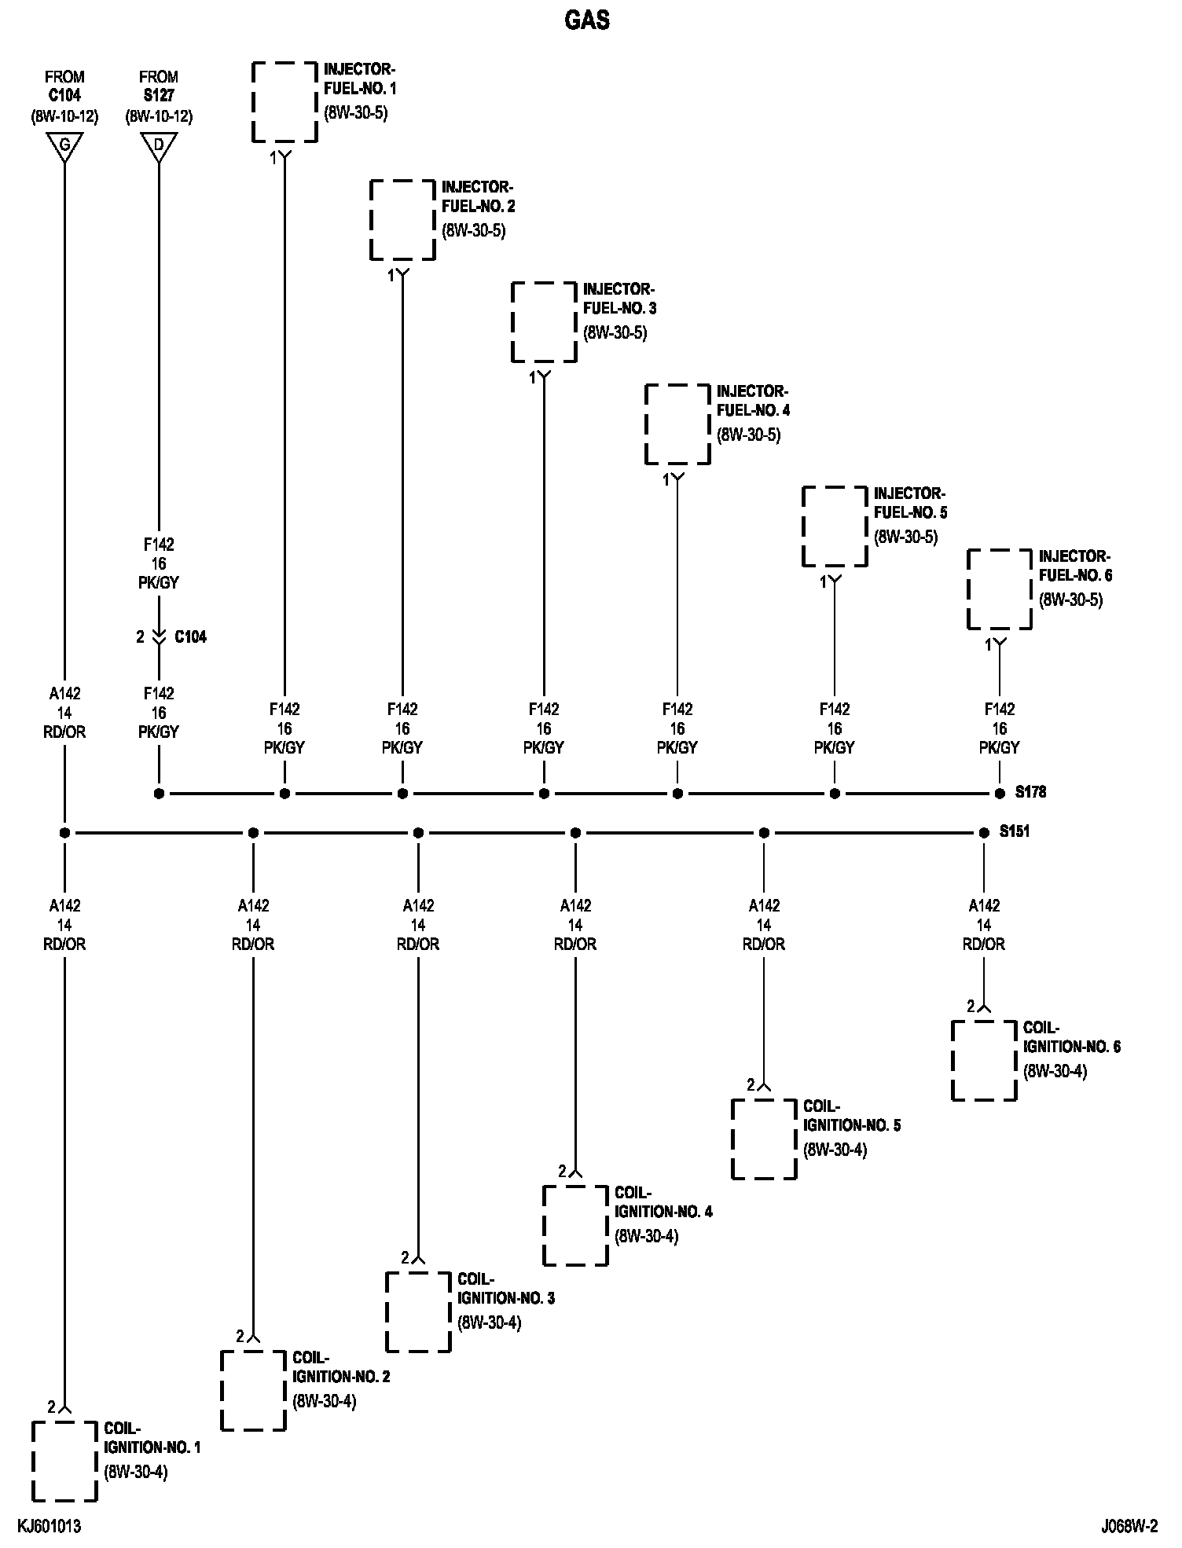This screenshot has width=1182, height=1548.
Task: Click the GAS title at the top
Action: tap(587, 20)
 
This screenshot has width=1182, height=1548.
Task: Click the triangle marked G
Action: tap(64, 146)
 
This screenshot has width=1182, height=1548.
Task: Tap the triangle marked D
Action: tap(159, 146)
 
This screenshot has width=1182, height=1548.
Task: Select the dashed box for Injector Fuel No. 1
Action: tap(284, 102)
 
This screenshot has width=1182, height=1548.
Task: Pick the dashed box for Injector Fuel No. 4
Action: tap(677, 424)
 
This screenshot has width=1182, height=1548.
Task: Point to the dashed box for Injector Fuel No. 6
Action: tap(999, 589)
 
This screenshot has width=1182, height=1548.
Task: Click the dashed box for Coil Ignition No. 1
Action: tap(64, 1462)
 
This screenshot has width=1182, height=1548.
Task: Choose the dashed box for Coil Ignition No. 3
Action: tap(418, 1312)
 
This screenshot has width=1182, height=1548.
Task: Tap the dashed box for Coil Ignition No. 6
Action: tap(983, 1061)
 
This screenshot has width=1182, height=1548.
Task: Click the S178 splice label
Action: tap(1030, 793)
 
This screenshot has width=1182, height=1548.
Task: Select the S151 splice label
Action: tap(1014, 831)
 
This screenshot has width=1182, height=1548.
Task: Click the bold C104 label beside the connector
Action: tap(190, 636)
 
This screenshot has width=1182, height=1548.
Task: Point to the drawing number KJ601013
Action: tap(50, 1527)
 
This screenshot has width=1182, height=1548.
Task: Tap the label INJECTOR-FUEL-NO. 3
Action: tap(619, 299)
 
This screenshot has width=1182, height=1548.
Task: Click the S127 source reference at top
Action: tap(159, 96)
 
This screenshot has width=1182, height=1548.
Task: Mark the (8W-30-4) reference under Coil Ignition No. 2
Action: tap(325, 1401)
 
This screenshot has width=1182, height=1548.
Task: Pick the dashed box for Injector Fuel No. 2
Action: tap(402, 220)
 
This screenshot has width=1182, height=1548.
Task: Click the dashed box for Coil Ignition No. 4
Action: tap(575, 1226)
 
